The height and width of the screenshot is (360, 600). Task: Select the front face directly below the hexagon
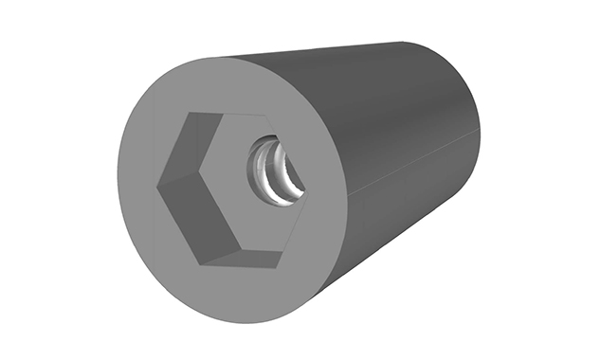point(237,289)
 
